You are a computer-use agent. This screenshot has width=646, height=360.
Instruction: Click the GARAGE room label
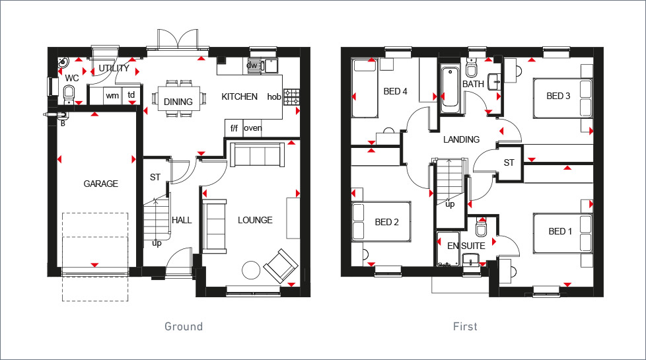100,184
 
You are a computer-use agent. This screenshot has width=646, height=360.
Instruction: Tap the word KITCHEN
239,96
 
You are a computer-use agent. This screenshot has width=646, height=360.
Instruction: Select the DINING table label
178,102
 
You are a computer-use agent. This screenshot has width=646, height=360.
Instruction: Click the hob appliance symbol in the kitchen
291,96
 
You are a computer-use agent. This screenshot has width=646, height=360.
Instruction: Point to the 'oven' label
253,128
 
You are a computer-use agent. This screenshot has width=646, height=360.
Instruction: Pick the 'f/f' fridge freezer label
233,128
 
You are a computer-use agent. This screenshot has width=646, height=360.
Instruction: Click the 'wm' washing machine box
112,96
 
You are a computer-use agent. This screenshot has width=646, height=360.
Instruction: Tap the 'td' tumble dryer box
131,96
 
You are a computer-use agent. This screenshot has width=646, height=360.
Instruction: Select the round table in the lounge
251,270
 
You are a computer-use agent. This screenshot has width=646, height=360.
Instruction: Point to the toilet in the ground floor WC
69,94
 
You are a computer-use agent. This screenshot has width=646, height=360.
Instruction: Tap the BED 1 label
560,231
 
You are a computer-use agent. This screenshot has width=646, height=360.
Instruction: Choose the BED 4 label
395,91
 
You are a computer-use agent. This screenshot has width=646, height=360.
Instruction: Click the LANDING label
461,139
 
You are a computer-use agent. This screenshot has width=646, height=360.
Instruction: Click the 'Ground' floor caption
183,326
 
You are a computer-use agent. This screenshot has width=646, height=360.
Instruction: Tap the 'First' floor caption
465,326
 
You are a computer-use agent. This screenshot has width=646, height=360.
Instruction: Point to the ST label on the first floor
509,162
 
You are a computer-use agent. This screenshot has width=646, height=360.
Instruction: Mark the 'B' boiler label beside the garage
63,122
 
